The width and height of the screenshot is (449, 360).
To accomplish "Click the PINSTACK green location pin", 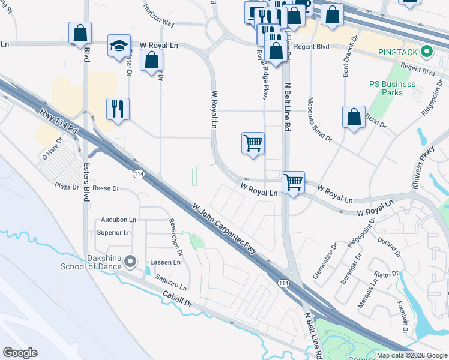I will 427,52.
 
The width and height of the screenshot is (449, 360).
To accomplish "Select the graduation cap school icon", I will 119,45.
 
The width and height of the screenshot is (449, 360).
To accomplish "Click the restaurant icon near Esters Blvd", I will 118,109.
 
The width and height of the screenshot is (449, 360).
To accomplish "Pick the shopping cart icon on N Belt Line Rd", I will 293,182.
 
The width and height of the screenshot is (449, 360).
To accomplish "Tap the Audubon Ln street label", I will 119,220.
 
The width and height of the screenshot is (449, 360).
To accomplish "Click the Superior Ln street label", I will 115,232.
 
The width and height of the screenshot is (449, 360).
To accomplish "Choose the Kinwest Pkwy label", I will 423,170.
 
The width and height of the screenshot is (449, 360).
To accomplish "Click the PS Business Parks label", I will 393,88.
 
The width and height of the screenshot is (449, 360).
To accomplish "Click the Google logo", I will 20,353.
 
